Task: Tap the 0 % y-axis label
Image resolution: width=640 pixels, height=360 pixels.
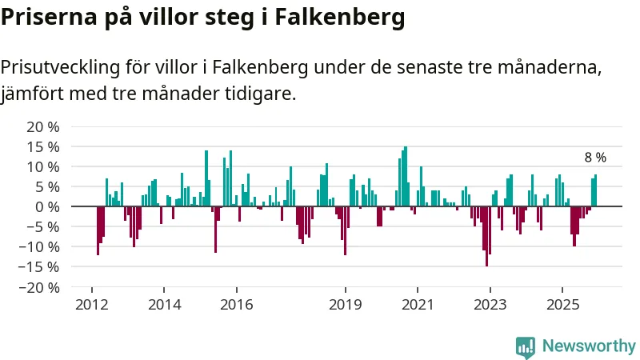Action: coord(46,206)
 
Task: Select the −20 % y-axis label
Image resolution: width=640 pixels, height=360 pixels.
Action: coord(40,287)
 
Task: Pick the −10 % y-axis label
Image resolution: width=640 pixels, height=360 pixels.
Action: coord(40,246)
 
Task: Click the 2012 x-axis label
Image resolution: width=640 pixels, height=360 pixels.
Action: coord(91,305)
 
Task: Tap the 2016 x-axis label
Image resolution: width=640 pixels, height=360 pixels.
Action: coord(237,305)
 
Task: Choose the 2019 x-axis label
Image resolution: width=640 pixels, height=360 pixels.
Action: coord(346,305)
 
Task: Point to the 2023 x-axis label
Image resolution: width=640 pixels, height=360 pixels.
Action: coord(490,305)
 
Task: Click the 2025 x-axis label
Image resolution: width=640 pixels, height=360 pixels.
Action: coord(562,305)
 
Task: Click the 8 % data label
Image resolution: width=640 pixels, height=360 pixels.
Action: coord(595,158)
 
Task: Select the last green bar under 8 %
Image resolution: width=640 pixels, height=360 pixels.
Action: coord(596,190)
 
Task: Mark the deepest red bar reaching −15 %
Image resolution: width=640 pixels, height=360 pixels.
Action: coord(486,236)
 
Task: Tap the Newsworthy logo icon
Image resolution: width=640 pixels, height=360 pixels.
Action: coord(526,346)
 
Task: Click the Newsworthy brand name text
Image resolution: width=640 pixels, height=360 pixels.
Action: coord(589,346)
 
